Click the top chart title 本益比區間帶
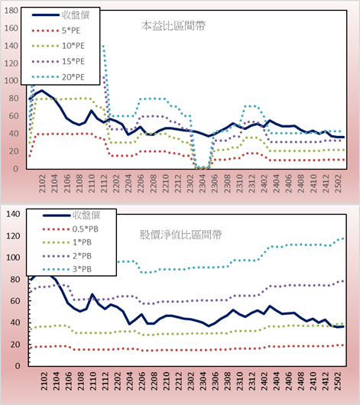coord(174,26)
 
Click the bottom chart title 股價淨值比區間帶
coord(180,235)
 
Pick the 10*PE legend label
coord(73,46)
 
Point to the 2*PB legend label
coord(82,256)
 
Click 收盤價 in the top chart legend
coord(76,15)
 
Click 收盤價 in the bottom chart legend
coord(86,215)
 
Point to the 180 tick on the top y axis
coord(11,11)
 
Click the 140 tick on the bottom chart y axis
coord(13,214)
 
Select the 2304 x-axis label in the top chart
coord(202,183)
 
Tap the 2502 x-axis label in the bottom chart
coord(338,381)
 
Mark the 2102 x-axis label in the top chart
coord(42,183)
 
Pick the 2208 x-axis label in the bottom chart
coord(154,381)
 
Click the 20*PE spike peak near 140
coord(103,47)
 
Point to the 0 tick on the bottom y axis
coord(18,366)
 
